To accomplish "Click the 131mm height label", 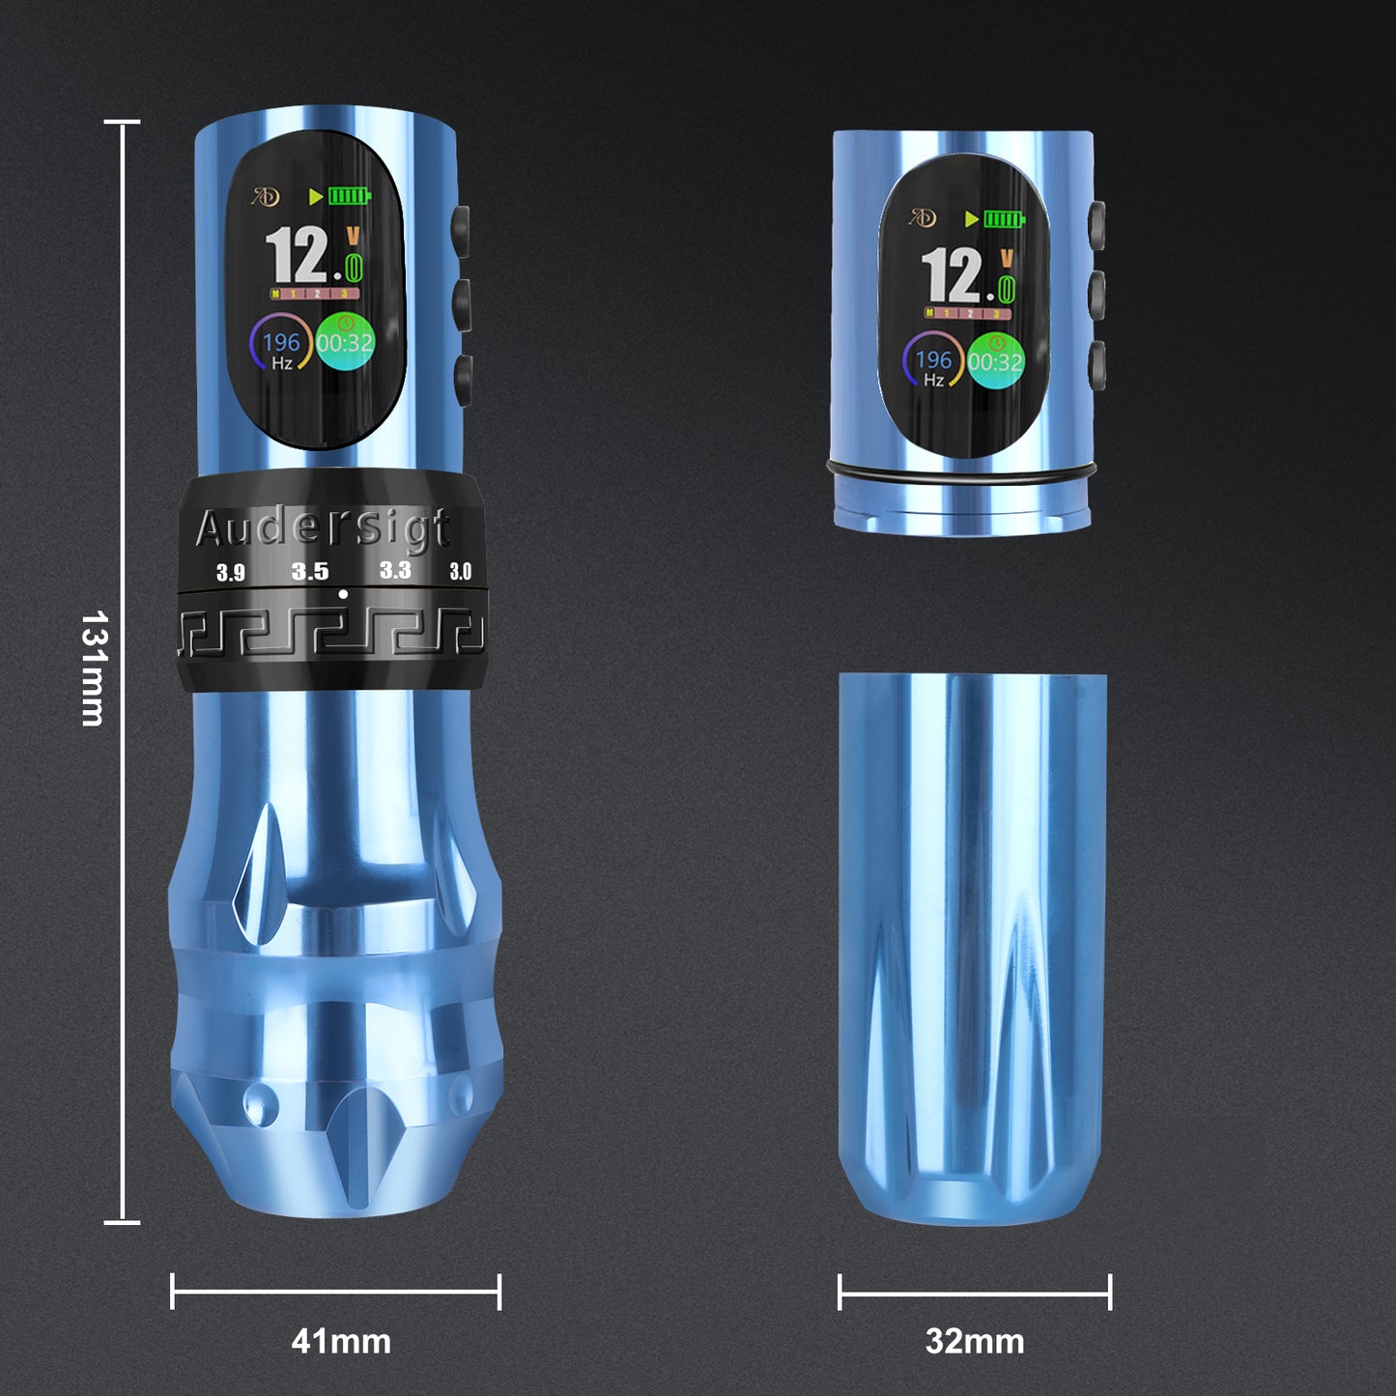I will pos(94,667).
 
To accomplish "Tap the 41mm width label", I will pos(341,1341).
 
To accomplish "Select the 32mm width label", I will pos(974,1341).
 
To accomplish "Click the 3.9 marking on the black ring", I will pos(231,572).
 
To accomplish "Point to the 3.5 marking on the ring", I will pos(310,571).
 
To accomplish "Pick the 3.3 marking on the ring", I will pos(395,570).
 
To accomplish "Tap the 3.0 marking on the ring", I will pos(460,571).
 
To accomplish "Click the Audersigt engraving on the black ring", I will pos(323,527).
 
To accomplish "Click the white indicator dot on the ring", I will pos(343,594).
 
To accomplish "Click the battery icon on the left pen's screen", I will pos(349,196).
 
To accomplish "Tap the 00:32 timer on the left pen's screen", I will pos(345,343).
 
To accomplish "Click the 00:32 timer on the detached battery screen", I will pos(995,362).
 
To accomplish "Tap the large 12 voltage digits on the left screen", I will pos(297,255).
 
